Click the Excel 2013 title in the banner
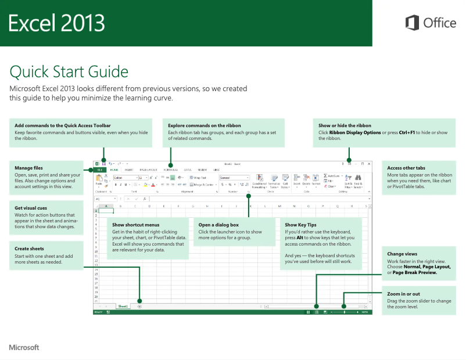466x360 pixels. pyautogui.click(x=56, y=23)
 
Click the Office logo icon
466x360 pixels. pyautogui.click(x=412, y=23)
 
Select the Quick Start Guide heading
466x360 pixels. pyautogui.click(x=69, y=72)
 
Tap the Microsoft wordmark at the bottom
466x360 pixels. pyautogui.click(x=24, y=347)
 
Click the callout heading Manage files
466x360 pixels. pyautogui.click(x=28, y=168)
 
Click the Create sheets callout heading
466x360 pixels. pyautogui.click(x=30, y=249)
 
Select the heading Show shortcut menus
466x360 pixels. pyautogui.click(x=135, y=225)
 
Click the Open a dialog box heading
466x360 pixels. pyautogui.click(x=218, y=225)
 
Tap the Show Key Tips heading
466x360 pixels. pyautogui.click(x=300, y=225)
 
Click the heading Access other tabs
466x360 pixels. pyautogui.click(x=406, y=168)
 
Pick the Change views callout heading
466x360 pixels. pyautogui.click(x=402, y=254)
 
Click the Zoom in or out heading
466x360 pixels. pyautogui.click(x=403, y=294)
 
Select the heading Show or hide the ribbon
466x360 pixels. pyautogui.click(x=345, y=125)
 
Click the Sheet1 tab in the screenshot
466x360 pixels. pyautogui.click(x=123, y=306)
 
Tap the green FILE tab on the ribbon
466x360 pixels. pyautogui.click(x=99, y=170)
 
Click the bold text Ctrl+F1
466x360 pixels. pyautogui.click(x=407, y=132)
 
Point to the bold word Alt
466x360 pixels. pyautogui.click(x=300, y=237)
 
